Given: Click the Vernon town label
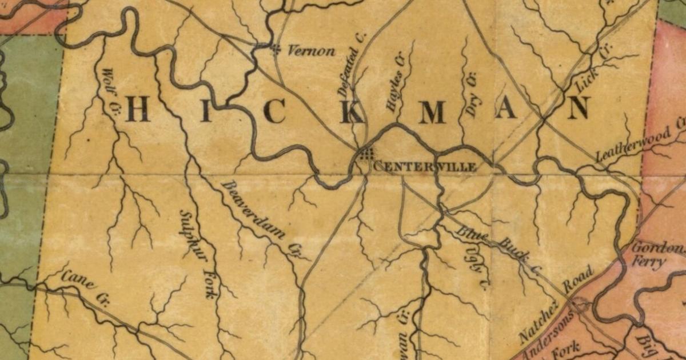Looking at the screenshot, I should click(x=311, y=51).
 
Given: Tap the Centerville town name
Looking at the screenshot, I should click(x=425, y=167).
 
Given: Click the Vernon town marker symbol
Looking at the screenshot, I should click(x=276, y=49).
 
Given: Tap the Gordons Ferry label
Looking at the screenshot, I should click(x=656, y=256).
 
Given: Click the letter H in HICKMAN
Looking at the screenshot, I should click(x=138, y=109).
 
